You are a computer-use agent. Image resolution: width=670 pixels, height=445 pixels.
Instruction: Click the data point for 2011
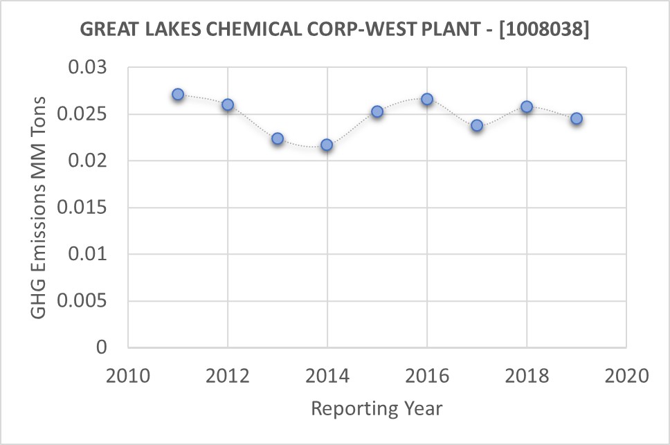(178, 94)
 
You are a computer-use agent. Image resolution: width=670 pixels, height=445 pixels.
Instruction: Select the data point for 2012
(228, 105)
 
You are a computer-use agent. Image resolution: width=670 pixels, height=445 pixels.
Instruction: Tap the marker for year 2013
(278, 138)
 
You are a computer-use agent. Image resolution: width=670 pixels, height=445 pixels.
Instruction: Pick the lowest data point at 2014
(327, 145)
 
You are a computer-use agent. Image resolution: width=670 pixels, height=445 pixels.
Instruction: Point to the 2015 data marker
(377, 111)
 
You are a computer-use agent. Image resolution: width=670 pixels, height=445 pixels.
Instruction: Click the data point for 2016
(427, 99)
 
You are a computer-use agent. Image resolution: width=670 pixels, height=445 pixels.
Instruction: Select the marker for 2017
(477, 125)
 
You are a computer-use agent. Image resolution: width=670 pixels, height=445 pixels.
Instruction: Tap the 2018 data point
(527, 107)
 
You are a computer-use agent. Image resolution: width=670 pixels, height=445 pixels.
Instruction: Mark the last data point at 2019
(577, 118)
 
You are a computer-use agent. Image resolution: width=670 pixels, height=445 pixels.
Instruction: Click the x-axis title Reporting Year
(377, 408)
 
